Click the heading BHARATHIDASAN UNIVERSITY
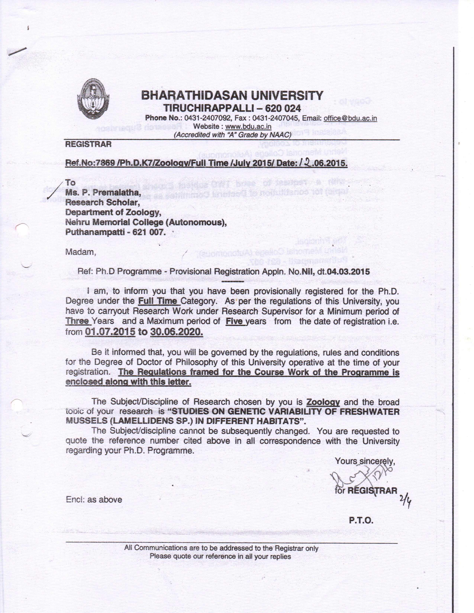pos(232,95)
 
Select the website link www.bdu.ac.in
pos(248,126)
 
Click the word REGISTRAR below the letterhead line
pos(88,144)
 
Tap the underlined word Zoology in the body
pos(323,402)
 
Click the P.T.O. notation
pos(361,521)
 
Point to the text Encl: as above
pos(94,500)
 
